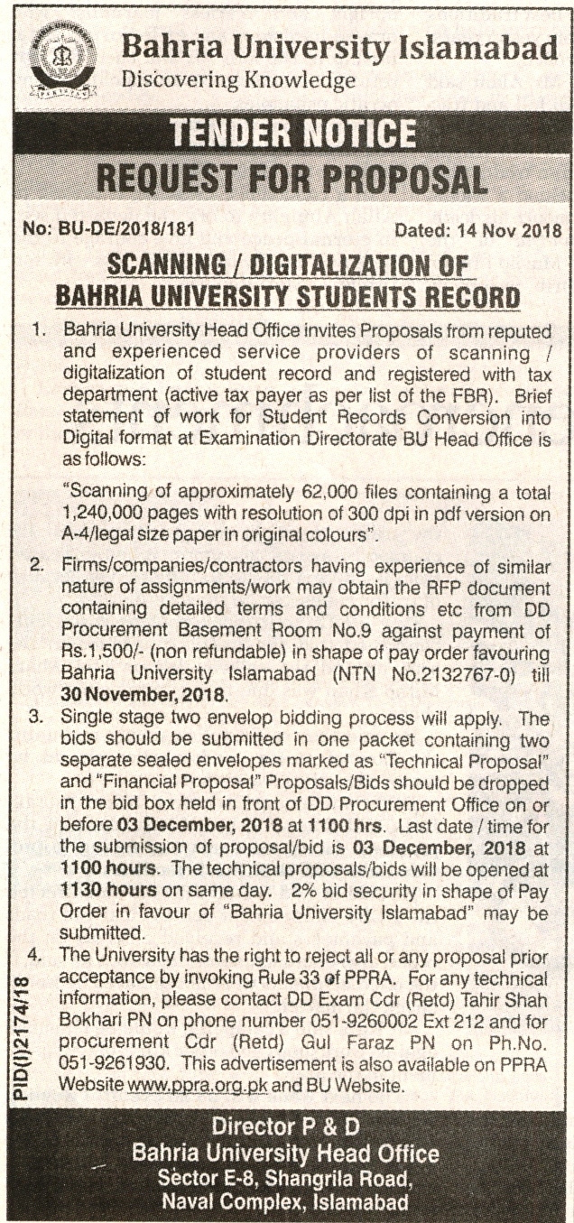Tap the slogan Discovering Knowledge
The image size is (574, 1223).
point(238,81)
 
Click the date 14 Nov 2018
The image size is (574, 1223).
point(511,231)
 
